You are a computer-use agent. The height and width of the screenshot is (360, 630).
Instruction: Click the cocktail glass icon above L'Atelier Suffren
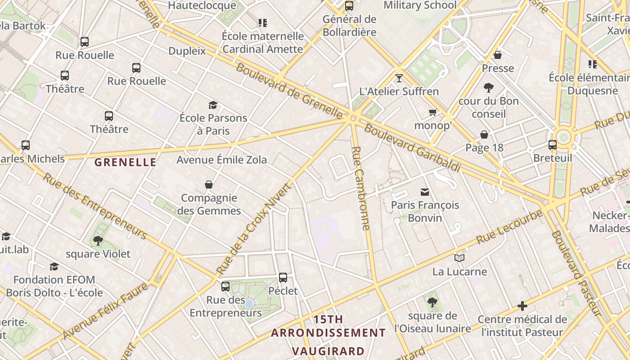(399, 78)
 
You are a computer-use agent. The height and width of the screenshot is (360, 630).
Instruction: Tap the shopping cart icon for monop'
(433, 112)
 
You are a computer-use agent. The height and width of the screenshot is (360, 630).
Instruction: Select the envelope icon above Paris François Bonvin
(425, 192)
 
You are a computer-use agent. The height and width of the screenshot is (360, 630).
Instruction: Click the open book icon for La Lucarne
(459, 258)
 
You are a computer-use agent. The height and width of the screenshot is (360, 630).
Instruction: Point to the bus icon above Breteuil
(553, 145)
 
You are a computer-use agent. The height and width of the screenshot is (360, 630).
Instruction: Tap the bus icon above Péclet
(283, 278)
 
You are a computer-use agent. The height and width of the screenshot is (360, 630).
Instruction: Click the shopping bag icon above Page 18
(484, 135)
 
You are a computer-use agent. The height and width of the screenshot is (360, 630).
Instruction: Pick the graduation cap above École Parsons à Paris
(213, 105)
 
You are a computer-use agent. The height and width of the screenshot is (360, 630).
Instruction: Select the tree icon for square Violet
(98, 241)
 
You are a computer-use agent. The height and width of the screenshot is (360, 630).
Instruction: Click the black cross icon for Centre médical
(522, 306)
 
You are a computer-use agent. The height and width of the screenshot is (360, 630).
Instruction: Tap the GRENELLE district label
(126, 162)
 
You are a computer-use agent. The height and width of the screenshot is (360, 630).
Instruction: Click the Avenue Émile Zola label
(221, 160)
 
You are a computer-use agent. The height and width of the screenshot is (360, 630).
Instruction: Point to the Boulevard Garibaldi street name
(412, 147)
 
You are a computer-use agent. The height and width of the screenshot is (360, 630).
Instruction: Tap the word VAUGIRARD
(328, 351)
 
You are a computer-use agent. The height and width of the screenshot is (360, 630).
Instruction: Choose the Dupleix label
(187, 51)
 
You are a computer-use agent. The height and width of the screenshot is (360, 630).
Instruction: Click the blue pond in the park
(249, 304)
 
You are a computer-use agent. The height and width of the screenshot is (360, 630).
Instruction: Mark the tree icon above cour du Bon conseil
(488, 87)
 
